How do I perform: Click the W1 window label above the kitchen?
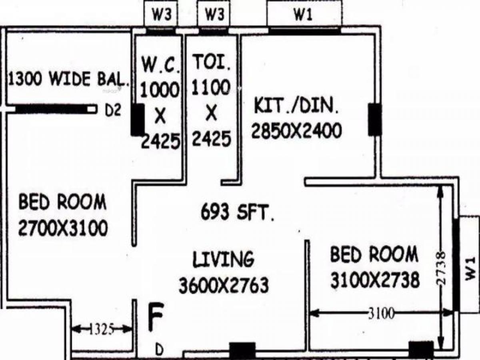(304, 15)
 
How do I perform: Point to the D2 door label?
(112, 111)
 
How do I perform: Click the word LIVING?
(223, 259)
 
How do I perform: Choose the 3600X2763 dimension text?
(223, 286)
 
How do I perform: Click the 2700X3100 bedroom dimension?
(63, 228)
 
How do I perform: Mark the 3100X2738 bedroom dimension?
(375, 280)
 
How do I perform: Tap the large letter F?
(156, 318)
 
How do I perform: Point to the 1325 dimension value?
(102, 329)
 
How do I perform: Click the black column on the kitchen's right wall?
(375, 119)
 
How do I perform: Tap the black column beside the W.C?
(138, 119)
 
